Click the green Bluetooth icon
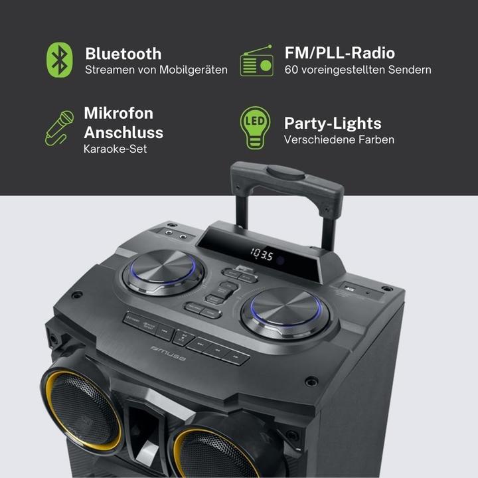click(60, 60)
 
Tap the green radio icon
click(256, 60)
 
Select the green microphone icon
click(58, 128)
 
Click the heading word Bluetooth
click(123, 54)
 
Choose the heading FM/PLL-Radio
click(339, 53)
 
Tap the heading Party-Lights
click(333, 123)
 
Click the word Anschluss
click(123, 131)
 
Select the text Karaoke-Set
click(116, 149)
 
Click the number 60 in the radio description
click(291, 70)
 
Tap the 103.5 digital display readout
click(262, 255)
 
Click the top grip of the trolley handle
click(286, 171)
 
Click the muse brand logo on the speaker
click(169, 353)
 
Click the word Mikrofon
click(118, 113)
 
